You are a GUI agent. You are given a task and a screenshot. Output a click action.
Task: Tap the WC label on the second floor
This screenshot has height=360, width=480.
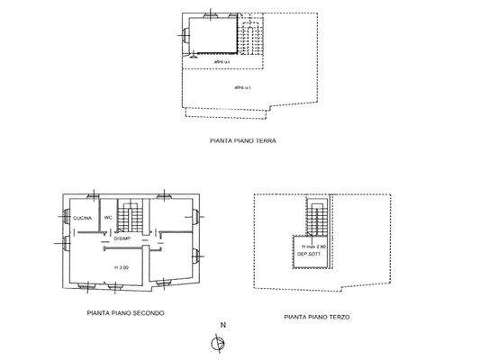point(107,218)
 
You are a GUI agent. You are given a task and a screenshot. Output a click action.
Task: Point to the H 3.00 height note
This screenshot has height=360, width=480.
point(121,268)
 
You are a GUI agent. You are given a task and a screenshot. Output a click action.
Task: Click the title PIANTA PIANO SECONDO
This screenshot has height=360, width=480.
point(125,314)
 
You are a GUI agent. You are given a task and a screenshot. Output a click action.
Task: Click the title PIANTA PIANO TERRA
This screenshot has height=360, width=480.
point(242,142)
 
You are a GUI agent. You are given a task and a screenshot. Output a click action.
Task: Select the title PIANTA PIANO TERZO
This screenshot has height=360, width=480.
point(317,318)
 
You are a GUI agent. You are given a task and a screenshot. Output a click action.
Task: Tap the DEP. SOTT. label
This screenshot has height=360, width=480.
point(310,255)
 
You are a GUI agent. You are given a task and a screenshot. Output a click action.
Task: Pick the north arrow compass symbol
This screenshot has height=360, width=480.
point(216,343)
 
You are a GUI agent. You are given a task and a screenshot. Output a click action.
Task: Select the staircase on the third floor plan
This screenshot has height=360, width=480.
point(315,216)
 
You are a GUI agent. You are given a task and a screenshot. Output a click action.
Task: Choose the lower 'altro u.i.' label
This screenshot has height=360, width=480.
point(242,87)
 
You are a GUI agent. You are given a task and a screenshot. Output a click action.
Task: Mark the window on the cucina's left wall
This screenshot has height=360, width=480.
point(63,217)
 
